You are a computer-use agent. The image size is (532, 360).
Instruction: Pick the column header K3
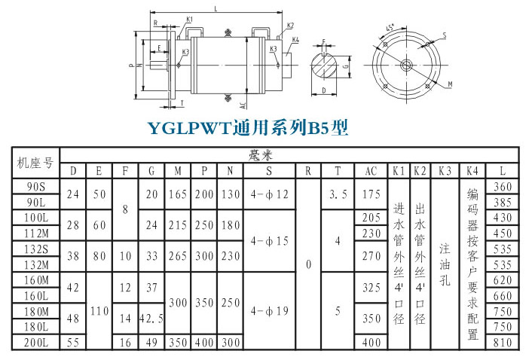[x=445, y=170]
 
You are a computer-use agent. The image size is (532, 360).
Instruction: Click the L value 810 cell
[x=503, y=343]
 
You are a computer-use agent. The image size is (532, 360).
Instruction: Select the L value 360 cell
[x=503, y=187]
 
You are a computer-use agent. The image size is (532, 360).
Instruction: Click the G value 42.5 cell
[x=151, y=319]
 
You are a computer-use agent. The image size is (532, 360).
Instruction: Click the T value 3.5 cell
[x=338, y=194]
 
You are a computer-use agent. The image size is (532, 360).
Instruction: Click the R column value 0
[x=308, y=265]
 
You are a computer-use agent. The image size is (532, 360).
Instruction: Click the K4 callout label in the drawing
[x=295, y=39]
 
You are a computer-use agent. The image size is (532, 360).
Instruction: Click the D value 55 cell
[x=73, y=343]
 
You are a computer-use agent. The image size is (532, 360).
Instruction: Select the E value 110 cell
[x=99, y=310]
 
